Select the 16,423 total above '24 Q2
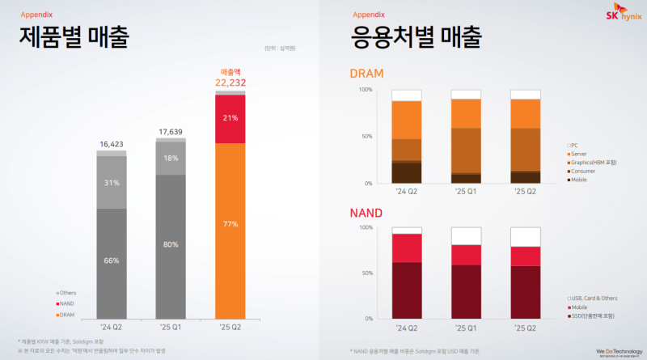click(112, 144)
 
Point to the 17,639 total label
click(171, 132)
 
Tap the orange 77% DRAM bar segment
click(230, 223)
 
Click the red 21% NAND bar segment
click(230, 118)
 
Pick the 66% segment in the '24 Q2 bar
click(112, 261)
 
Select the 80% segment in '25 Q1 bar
click(171, 244)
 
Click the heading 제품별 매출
click(74, 37)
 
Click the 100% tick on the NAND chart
click(365, 227)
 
